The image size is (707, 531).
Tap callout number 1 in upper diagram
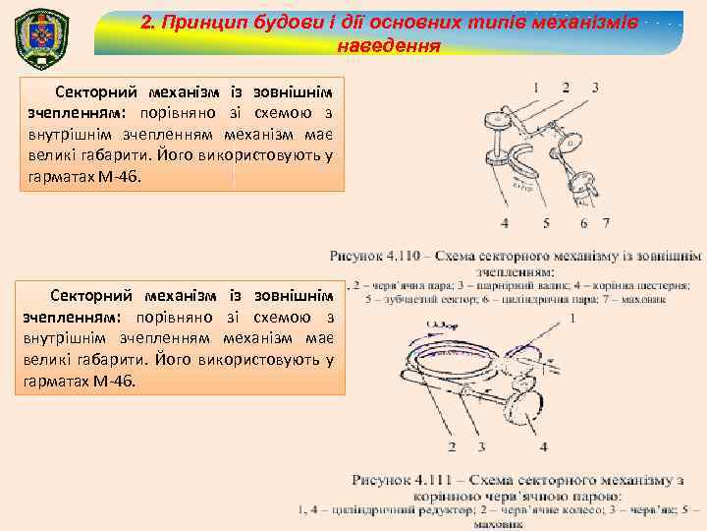pyautogui.click(x=537, y=88)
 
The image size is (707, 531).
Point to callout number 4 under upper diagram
pyautogui.click(x=505, y=222)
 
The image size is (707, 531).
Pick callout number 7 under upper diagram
pyautogui.click(x=607, y=222)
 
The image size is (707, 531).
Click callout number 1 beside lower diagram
pyautogui.click(x=571, y=318)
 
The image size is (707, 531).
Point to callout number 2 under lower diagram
pyautogui.click(x=452, y=447)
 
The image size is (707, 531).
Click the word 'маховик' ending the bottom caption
pyautogui.click(x=500, y=524)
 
